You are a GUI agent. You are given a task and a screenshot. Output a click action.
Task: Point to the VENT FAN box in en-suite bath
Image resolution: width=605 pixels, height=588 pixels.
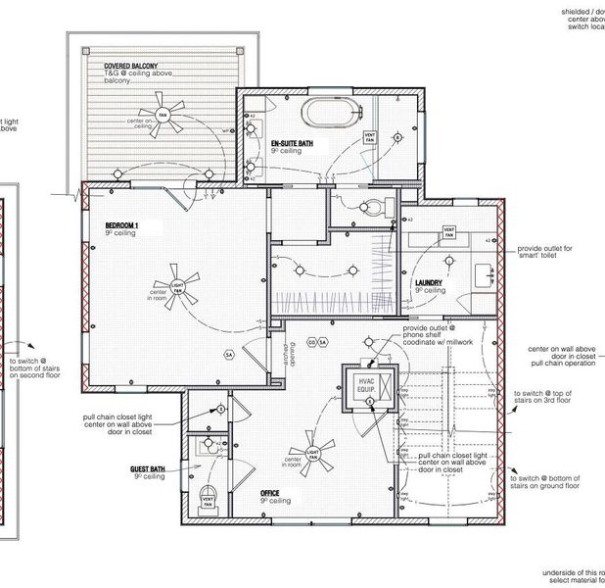click(370, 137)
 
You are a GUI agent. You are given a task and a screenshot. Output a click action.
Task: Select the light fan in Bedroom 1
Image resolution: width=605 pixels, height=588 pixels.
click(177, 286)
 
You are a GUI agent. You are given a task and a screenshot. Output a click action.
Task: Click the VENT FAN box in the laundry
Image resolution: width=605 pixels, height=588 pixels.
click(448, 233)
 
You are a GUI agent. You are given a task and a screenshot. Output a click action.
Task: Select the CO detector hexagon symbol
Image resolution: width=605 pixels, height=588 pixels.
click(310, 342)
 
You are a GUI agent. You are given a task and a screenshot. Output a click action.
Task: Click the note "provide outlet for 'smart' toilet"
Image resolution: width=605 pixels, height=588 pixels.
click(557, 254)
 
